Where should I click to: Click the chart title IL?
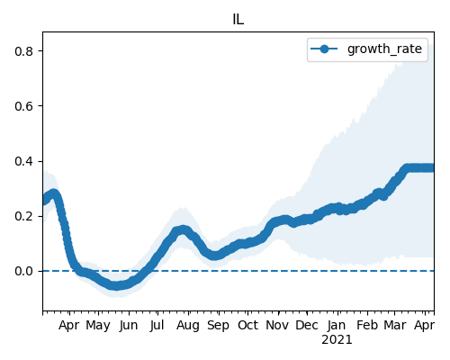click(238, 20)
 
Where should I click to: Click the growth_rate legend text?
click(384, 49)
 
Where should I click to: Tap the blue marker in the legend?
click(324, 49)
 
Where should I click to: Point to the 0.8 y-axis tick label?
click(23, 51)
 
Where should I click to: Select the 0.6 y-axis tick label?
click(23, 106)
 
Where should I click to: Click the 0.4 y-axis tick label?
click(23, 161)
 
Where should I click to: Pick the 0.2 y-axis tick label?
click(23, 216)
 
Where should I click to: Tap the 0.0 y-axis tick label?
click(23, 271)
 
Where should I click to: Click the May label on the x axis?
click(98, 326)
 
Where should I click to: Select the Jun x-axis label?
click(129, 326)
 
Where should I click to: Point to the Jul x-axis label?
click(157, 325)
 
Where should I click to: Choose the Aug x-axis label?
click(188, 326)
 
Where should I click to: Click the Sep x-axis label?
click(219, 326)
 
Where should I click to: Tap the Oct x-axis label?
click(247, 325)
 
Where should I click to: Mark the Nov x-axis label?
click(277, 325)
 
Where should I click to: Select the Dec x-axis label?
click(307, 325)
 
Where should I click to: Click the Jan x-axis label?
click(337, 325)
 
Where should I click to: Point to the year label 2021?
click(337, 340)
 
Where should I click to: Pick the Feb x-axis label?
click(367, 325)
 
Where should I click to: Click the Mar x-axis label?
click(395, 325)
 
